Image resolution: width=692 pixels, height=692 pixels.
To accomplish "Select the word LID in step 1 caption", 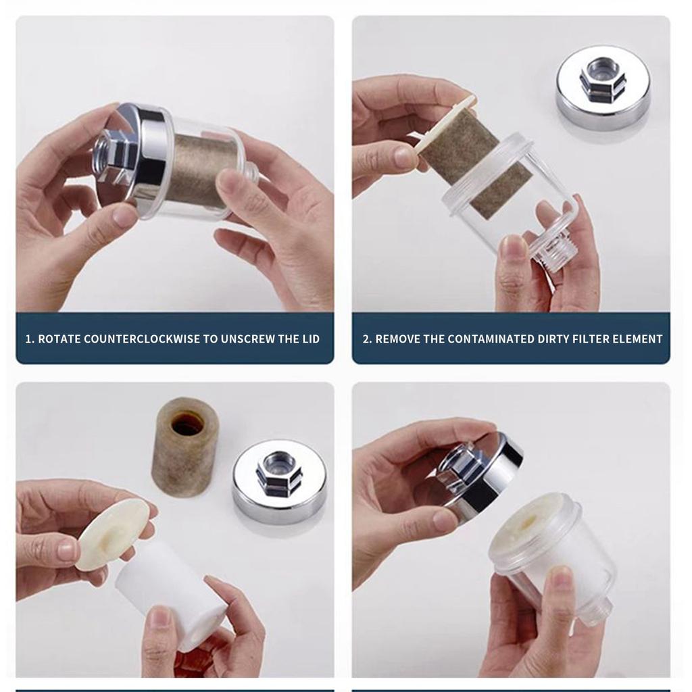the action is (311, 339).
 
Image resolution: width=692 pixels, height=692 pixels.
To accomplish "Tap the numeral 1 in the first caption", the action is (28, 339).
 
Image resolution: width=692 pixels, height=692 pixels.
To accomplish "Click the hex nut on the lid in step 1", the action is (116, 155).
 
